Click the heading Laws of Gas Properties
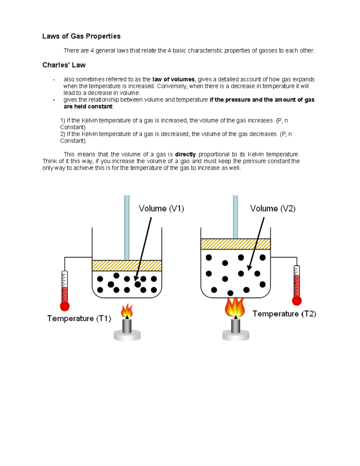coord(81,36)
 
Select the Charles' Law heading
coord(64,65)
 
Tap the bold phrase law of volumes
coord(173,80)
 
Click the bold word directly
coord(185,155)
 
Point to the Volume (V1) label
coord(161,209)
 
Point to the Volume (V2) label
coord(273,209)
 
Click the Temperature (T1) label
coord(79,318)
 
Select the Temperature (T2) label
coord(284,314)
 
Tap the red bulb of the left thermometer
coord(64,306)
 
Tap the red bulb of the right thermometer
coord(297,301)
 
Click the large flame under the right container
coord(235,308)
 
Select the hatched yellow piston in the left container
coord(127,266)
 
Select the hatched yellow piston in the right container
coord(235,244)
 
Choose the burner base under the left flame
coord(127,335)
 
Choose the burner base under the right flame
coord(236,335)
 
